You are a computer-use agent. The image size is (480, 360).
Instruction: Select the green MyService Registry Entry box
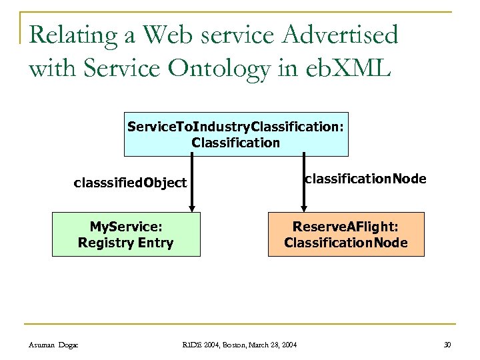[x=125, y=234]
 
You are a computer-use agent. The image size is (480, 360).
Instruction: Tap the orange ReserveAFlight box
[x=346, y=234]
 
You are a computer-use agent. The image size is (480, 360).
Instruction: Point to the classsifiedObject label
[x=130, y=183]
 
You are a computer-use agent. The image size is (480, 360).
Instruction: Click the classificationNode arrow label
[x=365, y=179]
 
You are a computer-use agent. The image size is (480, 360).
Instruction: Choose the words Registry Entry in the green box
[x=125, y=242]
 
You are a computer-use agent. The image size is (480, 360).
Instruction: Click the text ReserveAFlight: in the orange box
[x=346, y=227]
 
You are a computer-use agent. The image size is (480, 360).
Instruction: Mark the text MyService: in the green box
[x=125, y=227]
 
